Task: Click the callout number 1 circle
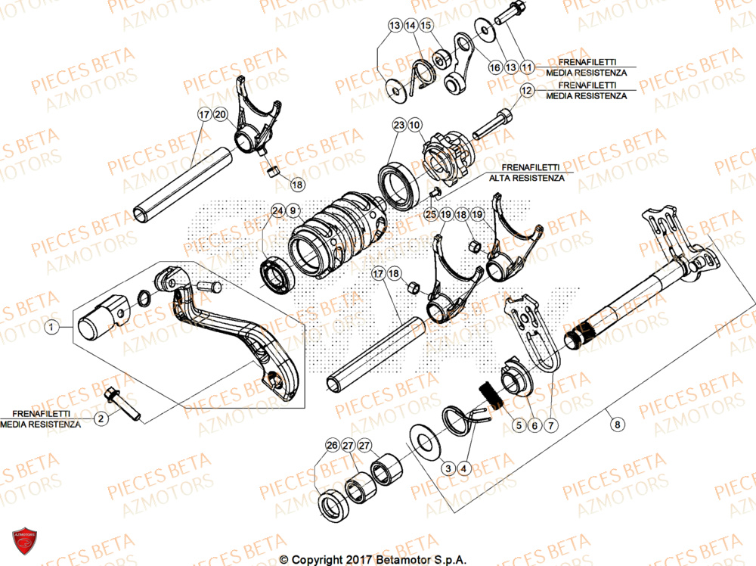[x=51, y=328]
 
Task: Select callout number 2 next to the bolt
[x=100, y=417]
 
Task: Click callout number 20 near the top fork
[x=220, y=115]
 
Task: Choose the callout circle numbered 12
[x=527, y=90]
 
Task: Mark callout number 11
[x=527, y=67]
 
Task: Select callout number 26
[x=332, y=446]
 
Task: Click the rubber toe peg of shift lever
[x=98, y=319]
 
